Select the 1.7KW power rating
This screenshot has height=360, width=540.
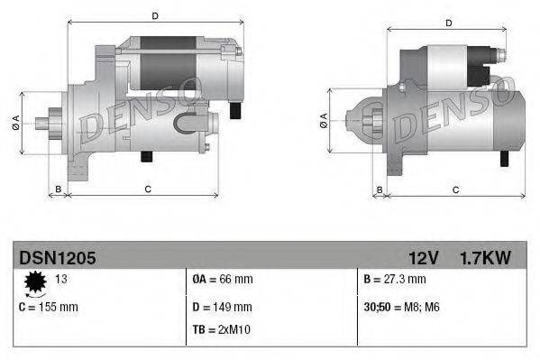485,258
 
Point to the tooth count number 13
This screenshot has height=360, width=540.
62,279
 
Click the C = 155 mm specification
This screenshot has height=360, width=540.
49,307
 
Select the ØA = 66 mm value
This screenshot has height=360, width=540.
222,279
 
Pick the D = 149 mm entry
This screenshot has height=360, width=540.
222,307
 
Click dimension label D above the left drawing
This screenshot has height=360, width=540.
155,15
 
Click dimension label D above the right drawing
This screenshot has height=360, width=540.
448,23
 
